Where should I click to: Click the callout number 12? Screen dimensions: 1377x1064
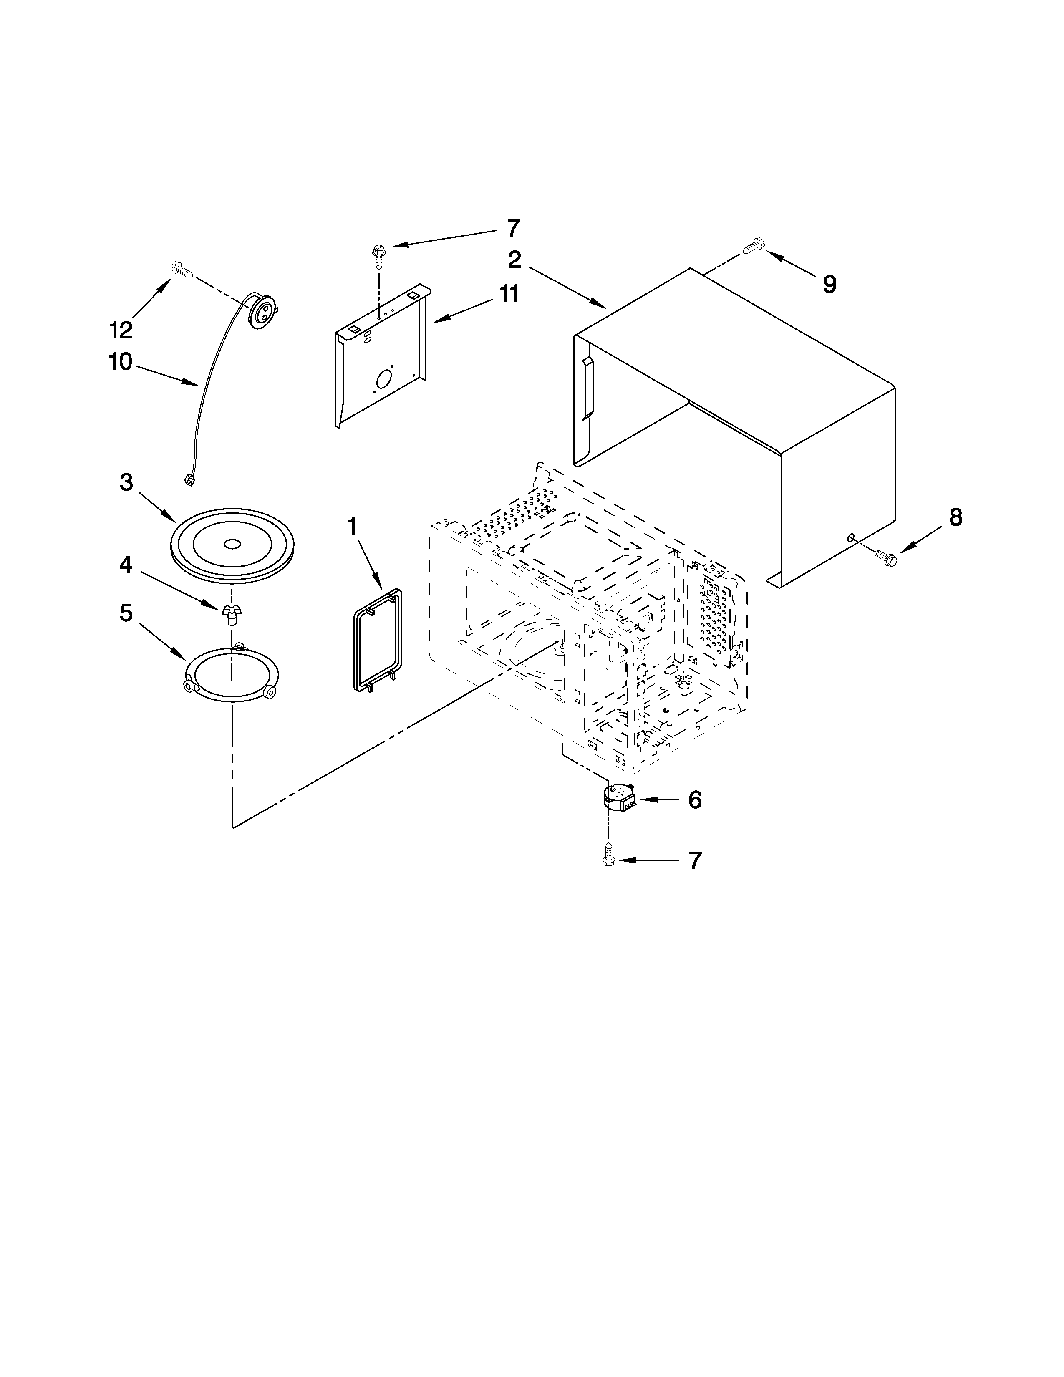pos(121,329)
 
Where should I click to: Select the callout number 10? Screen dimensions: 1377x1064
pos(121,362)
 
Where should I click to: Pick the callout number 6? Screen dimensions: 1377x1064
pos(695,799)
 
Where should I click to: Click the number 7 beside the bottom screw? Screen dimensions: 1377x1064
pos(695,860)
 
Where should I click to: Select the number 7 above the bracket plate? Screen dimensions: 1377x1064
pos(513,227)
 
